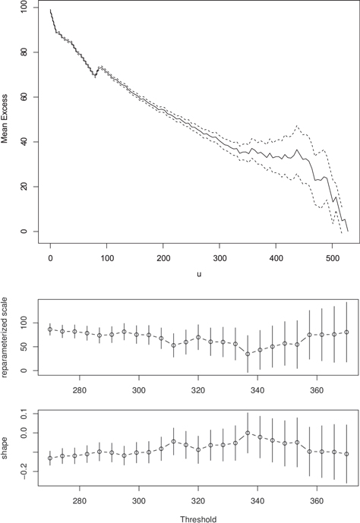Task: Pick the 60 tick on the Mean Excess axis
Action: click(x=25, y=97)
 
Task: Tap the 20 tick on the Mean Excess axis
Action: click(x=25, y=187)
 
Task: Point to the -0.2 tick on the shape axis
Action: click(x=25, y=471)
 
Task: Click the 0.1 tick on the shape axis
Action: click(x=25, y=414)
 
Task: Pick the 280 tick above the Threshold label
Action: click(x=80, y=500)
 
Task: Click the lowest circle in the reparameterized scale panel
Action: click(x=248, y=354)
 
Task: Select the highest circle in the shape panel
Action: click(x=248, y=433)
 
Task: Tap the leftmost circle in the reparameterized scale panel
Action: click(x=50, y=329)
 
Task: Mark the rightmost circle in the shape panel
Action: click(x=346, y=454)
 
